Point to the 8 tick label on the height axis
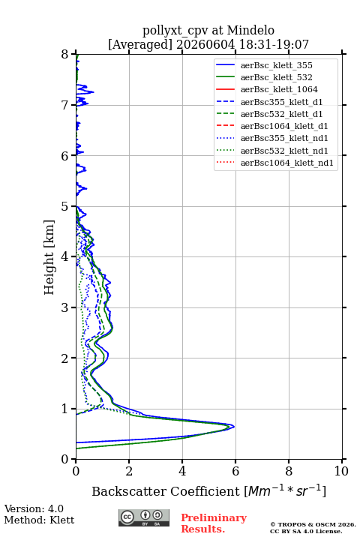point(65,55)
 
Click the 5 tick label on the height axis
point(65,207)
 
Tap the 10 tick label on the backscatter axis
point(341,471)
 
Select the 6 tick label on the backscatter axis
point(235,471)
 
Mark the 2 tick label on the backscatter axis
point(129,471)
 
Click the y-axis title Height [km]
point(49,257)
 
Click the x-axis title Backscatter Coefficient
point(166,491)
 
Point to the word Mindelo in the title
point(250,30)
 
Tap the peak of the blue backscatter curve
point(234,427)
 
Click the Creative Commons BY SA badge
point(144,517)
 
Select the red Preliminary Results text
point(214,523)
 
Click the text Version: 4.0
point(34,508)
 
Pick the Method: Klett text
point(39,520)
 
